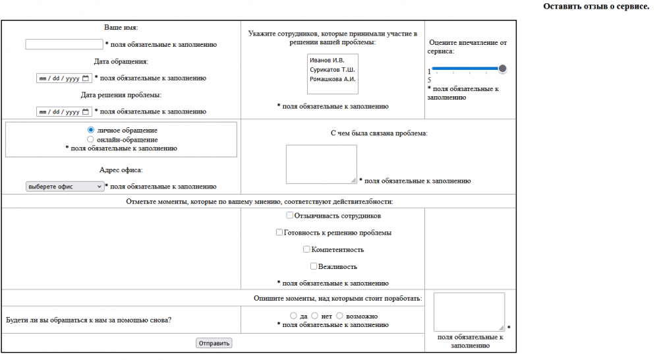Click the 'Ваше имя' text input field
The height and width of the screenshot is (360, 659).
point(64,45)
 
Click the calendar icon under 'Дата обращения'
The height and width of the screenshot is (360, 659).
point(86,78)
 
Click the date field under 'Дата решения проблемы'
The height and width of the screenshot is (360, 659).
point(59,111)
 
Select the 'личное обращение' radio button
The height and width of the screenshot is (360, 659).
point(92,130)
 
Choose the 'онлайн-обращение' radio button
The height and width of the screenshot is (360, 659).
point(92,139)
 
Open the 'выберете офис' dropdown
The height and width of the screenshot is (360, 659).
point(65,187)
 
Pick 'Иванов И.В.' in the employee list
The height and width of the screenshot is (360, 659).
point(327,61)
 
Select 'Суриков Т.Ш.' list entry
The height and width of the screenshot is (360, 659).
point(331,69)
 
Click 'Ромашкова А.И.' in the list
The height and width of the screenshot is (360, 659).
point(332,78)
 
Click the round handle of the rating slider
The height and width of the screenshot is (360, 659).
point(503,69)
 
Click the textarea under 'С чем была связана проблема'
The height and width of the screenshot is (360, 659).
point(321,164)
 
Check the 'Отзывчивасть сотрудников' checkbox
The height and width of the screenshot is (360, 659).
point(290,215)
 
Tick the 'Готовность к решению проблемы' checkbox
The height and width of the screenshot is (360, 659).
point(279,232)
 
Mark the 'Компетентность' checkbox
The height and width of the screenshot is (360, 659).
point(306,249)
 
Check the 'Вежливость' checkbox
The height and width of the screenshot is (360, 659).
point(314,266)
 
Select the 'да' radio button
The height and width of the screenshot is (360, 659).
point(293,316)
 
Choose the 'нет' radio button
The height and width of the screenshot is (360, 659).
point(315,316)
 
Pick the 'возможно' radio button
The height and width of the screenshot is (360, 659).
point(340,316)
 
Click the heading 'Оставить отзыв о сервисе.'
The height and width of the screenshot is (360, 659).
point(596,6)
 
